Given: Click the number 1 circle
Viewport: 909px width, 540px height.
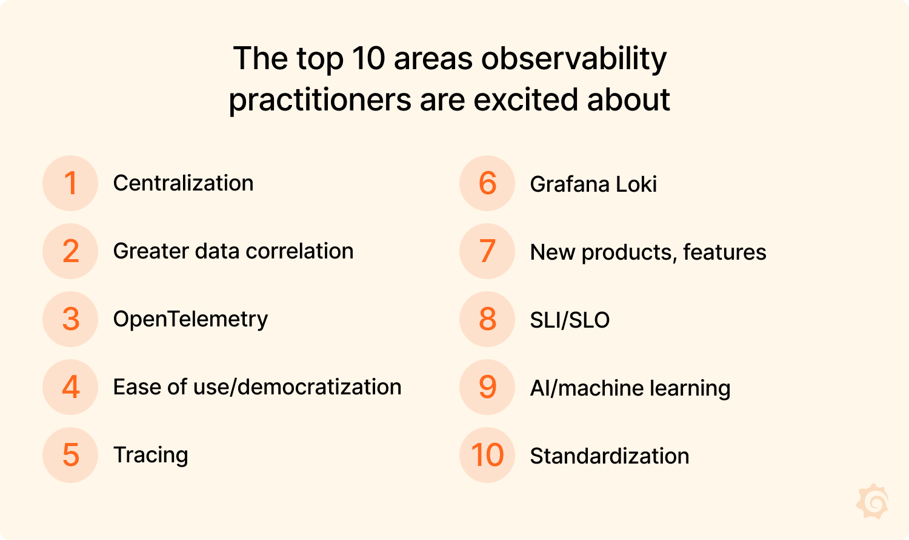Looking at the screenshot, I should tap(70, 183).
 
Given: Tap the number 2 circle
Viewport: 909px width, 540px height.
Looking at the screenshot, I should tap(70, 251).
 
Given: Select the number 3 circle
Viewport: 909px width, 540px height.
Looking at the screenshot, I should tap(70, 319).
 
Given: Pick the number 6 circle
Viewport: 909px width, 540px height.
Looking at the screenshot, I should tap(487, 183).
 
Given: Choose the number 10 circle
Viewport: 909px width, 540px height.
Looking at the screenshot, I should tap(487, 455).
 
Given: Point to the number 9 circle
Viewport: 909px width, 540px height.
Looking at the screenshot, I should tap(487, 387).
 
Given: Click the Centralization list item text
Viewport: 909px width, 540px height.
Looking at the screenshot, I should tap(183, 183).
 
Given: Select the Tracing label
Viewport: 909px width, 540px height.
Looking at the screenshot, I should tap(150, 455).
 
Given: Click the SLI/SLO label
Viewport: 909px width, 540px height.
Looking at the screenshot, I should tap(570, 320).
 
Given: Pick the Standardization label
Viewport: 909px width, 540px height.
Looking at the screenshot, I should tap(609, 456).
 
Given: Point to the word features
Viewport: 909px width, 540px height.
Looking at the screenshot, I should tap(724, 252).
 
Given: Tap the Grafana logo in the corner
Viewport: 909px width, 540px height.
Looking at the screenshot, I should tap(872, 501).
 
